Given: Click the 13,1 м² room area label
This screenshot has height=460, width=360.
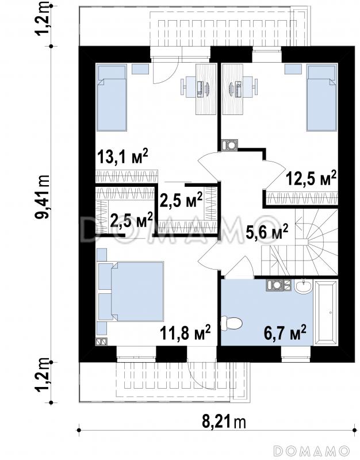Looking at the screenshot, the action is (122, 156).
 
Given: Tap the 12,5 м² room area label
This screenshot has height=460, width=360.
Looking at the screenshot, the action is (311, 178).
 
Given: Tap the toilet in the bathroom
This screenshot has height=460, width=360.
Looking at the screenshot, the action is (232, 323).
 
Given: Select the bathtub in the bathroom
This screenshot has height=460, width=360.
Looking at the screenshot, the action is (325, 312).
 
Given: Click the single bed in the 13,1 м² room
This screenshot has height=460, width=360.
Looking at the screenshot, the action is (112, 98).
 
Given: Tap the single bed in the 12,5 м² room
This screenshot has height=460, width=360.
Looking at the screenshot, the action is (321, 98).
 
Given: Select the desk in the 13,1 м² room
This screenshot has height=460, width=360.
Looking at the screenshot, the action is (206, 89).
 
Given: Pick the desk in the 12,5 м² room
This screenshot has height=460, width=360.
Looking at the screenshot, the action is (233, 89).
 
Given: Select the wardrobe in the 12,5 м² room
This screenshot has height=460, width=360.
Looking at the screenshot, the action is (302, 198).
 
